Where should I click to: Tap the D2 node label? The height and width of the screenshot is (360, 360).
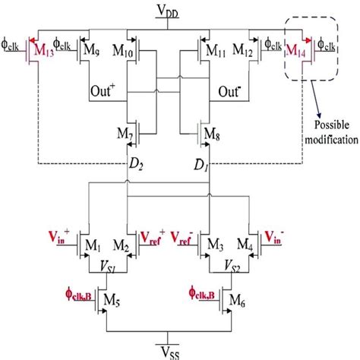coord(138,165)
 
